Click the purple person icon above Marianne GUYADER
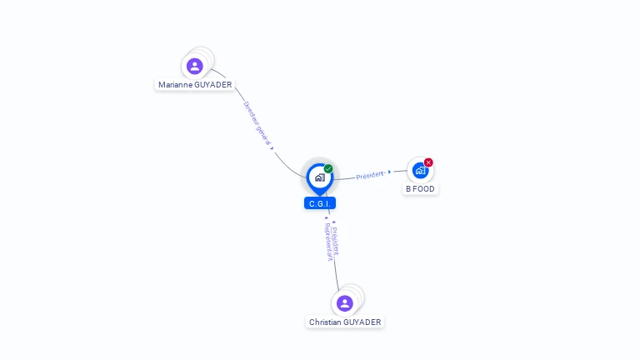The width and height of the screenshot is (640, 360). [195, 66]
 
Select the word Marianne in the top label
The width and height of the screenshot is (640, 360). [175, 85]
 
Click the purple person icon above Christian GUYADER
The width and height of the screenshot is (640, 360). [345, 303]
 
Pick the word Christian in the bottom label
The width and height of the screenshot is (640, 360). [325, 322]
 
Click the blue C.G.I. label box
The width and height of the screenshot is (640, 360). [320, 203]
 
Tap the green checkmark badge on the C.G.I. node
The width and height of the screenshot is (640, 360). [328, 168]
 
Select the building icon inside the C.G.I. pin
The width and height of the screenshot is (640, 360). [319, 177]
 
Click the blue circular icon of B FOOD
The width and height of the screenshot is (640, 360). [420, 170]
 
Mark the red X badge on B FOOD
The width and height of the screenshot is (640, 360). [428, 162]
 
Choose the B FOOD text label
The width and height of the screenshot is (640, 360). [420, 189]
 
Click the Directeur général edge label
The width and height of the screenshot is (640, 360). [257, 123]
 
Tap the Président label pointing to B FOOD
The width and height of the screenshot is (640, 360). [369, 175]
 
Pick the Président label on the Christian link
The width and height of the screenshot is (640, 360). [335, 239]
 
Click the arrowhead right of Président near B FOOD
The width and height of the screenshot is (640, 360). [389, 172]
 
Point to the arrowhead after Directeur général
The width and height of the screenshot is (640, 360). [272, 148]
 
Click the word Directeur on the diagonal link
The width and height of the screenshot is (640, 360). [252, 116]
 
